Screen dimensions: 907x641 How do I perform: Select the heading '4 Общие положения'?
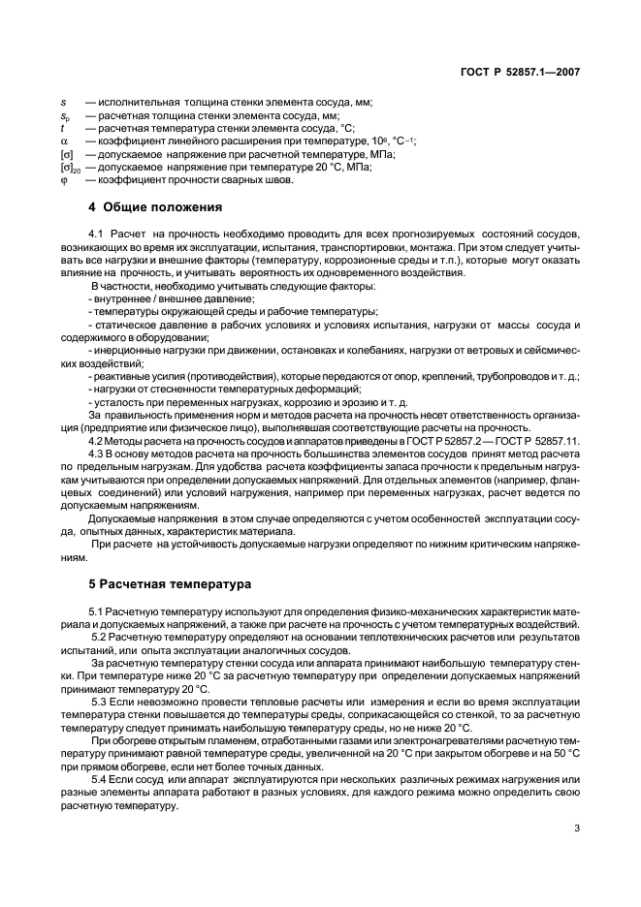click(155, 207)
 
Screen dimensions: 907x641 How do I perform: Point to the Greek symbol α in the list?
click(64, 141)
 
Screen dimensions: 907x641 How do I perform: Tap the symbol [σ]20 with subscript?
click(69, 166)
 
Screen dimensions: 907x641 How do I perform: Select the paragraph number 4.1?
click(96, 235)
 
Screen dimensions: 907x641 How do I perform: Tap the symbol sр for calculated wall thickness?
click(65, 115)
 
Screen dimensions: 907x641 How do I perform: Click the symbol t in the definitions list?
click(63, 128)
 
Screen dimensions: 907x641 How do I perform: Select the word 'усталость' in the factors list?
click(117, 401)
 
